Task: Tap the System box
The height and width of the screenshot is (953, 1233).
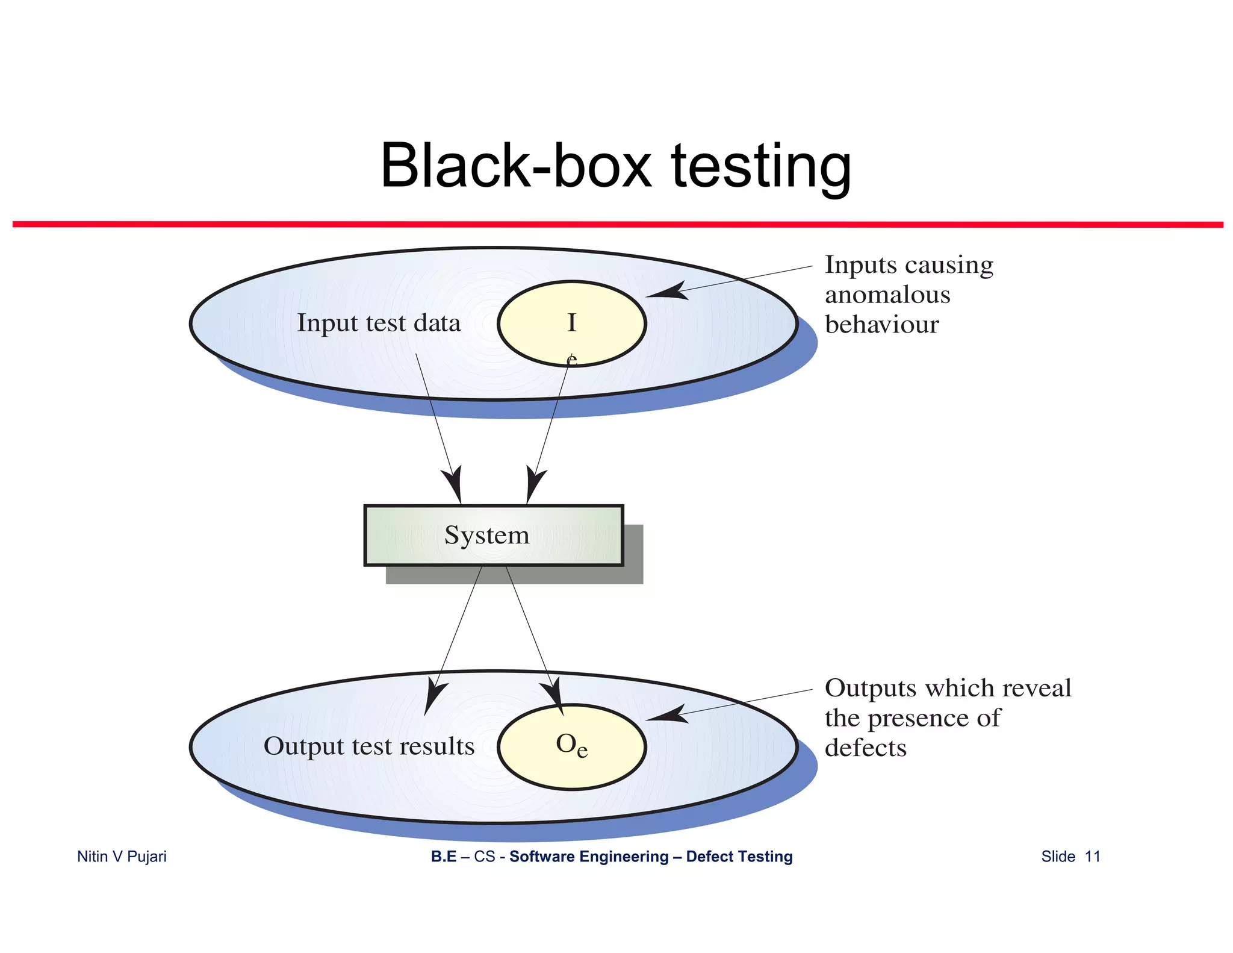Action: tap(493, 535)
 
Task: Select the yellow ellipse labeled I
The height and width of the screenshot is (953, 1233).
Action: tap(571, 323)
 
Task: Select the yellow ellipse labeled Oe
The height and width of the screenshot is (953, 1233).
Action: tap(571, 746)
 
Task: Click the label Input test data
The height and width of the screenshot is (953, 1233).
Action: tap(379, 323)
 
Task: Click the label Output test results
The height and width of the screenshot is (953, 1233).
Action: tap(369, 746)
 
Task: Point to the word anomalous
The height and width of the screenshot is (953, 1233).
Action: tap(887, 295)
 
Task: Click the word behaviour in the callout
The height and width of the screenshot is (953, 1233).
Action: tap(881, 325)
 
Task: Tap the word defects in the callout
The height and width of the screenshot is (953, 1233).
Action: tap(865, 748)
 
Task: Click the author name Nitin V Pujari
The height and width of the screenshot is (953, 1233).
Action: tap(122, 857)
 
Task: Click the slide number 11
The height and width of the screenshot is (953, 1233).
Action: tap(1092, 857)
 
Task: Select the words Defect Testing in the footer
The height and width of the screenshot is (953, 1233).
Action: tap(739, 857)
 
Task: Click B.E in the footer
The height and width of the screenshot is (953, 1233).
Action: tap(443, 857)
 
